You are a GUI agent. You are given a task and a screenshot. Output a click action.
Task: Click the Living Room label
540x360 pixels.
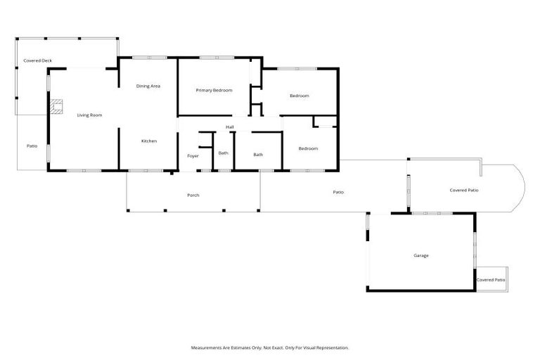click(x=90, y=115)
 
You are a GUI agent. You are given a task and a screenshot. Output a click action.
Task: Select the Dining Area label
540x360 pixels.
click(x=148, y=86)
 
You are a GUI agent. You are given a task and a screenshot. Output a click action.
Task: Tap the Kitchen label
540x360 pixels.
click(x=148, y=141)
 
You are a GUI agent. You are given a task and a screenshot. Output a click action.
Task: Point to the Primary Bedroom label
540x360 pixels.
click(x=214, y=90)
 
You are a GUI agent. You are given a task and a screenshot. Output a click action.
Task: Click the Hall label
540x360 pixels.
click(x=229, y=127)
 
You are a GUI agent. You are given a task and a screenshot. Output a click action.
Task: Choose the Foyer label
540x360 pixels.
click(x=193, y=155)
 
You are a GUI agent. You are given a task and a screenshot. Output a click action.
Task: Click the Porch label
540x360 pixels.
click(x=193, y=195)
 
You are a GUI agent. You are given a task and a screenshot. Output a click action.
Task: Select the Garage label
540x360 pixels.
click(x=420, y=255)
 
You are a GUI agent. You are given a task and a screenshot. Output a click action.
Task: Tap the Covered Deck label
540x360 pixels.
click(x=37, y=61)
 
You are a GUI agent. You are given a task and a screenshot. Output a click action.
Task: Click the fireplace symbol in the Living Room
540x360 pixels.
click(x=56, y=107)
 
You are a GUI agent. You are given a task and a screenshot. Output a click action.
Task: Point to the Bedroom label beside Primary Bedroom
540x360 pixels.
click(x=299, y=96)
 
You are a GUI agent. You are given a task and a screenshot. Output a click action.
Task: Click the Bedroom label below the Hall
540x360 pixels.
click(x=308, y=148)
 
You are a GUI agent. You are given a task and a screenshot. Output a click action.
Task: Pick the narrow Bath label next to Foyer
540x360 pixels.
click(x=223, y=153)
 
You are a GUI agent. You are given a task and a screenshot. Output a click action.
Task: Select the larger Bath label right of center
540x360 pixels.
click(x=258, y=155)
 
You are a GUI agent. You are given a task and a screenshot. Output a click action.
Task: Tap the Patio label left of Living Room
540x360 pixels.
click(x=32, y=146)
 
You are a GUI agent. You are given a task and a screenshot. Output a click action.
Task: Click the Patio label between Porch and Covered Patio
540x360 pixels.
click(x=337, y=191)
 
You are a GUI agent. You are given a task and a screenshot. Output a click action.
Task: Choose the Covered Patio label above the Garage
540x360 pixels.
click(x=464, y=190)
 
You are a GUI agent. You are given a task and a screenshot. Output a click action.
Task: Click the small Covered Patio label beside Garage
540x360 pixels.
click(x=491, y=280)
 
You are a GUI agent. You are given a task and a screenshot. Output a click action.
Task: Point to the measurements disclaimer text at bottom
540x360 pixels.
click(x=270, y=347)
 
